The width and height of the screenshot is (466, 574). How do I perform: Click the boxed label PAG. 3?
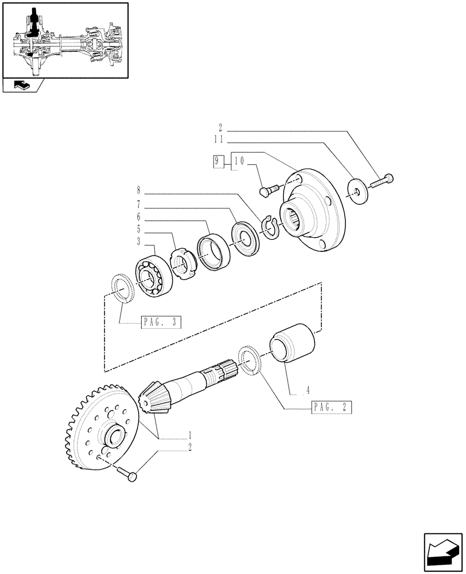[161, 323]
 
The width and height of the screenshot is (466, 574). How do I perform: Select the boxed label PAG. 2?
[332, 408]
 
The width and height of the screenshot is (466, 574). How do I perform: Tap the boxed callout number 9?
[216, 162]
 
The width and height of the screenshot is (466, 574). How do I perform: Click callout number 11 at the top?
[221, 139]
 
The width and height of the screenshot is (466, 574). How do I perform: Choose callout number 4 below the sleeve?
[308, 390]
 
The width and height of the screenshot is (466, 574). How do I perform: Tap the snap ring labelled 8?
[270, 226]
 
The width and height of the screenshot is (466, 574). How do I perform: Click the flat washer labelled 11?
[358, 191]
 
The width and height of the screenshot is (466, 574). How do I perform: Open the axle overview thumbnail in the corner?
[64, 40]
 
